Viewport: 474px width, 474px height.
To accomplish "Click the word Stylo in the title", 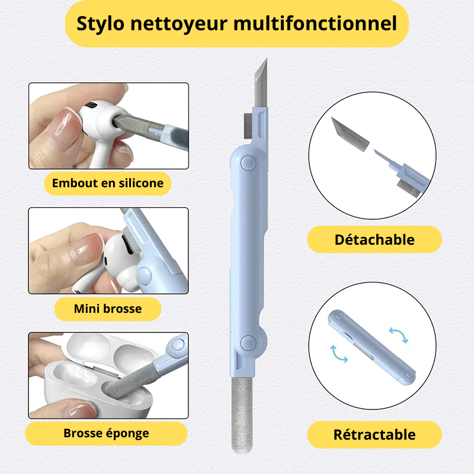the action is tap(100, 24).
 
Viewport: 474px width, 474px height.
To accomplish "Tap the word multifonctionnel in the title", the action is tap(315, 23).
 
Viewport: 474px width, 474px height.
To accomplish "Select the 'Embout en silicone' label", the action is tap(108, 183).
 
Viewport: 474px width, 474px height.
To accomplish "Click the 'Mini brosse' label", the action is tap(108, 309).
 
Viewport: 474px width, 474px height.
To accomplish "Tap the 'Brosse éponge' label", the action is tap(106, 434).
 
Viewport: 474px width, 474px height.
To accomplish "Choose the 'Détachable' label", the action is tap(374, 239).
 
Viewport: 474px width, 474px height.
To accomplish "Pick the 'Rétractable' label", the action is tap(374, 434).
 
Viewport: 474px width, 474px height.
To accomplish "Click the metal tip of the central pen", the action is tap(261, 82).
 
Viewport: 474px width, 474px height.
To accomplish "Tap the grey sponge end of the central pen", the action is tap(242, 415).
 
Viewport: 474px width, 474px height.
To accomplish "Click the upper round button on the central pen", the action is tap(248, 163).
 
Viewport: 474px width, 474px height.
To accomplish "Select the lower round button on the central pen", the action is tap(248, 343).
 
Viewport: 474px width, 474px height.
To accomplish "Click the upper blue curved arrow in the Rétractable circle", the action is tap(399, 334).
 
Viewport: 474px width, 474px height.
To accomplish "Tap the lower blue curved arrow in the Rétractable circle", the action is tap(338, 354).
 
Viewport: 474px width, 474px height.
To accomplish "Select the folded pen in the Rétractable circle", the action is tap(371, 347).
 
